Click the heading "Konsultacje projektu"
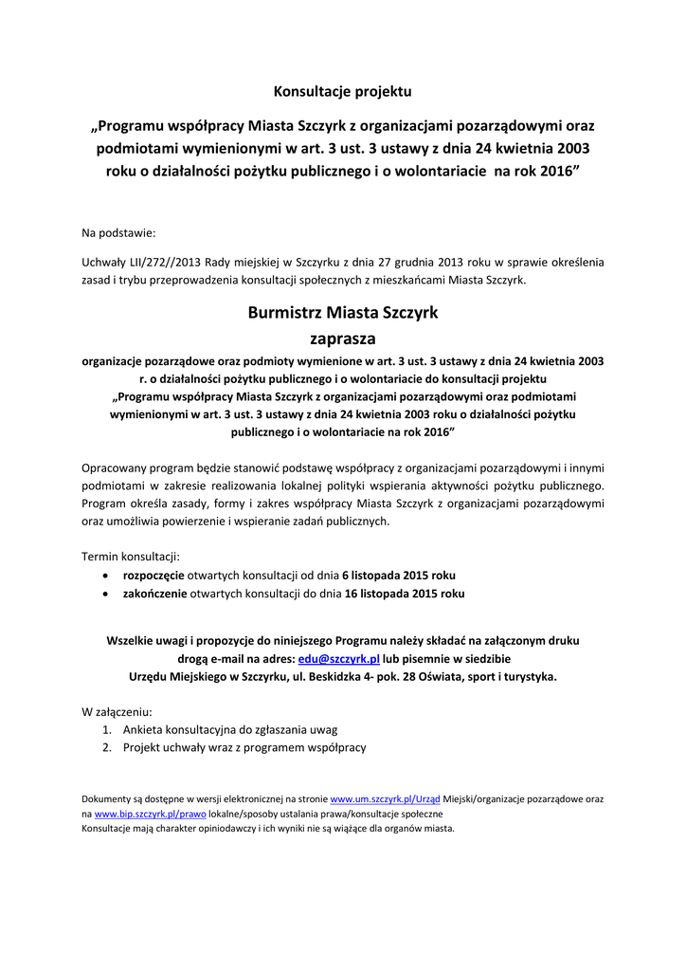[343, 92]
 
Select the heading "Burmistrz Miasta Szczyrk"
[343, 312]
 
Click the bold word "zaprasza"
[343, 339]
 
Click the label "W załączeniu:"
[117, 710]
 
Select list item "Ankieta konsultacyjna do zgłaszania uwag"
[230, 729]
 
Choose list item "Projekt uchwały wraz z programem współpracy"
[244, 747]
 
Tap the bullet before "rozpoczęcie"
[104, 576]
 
